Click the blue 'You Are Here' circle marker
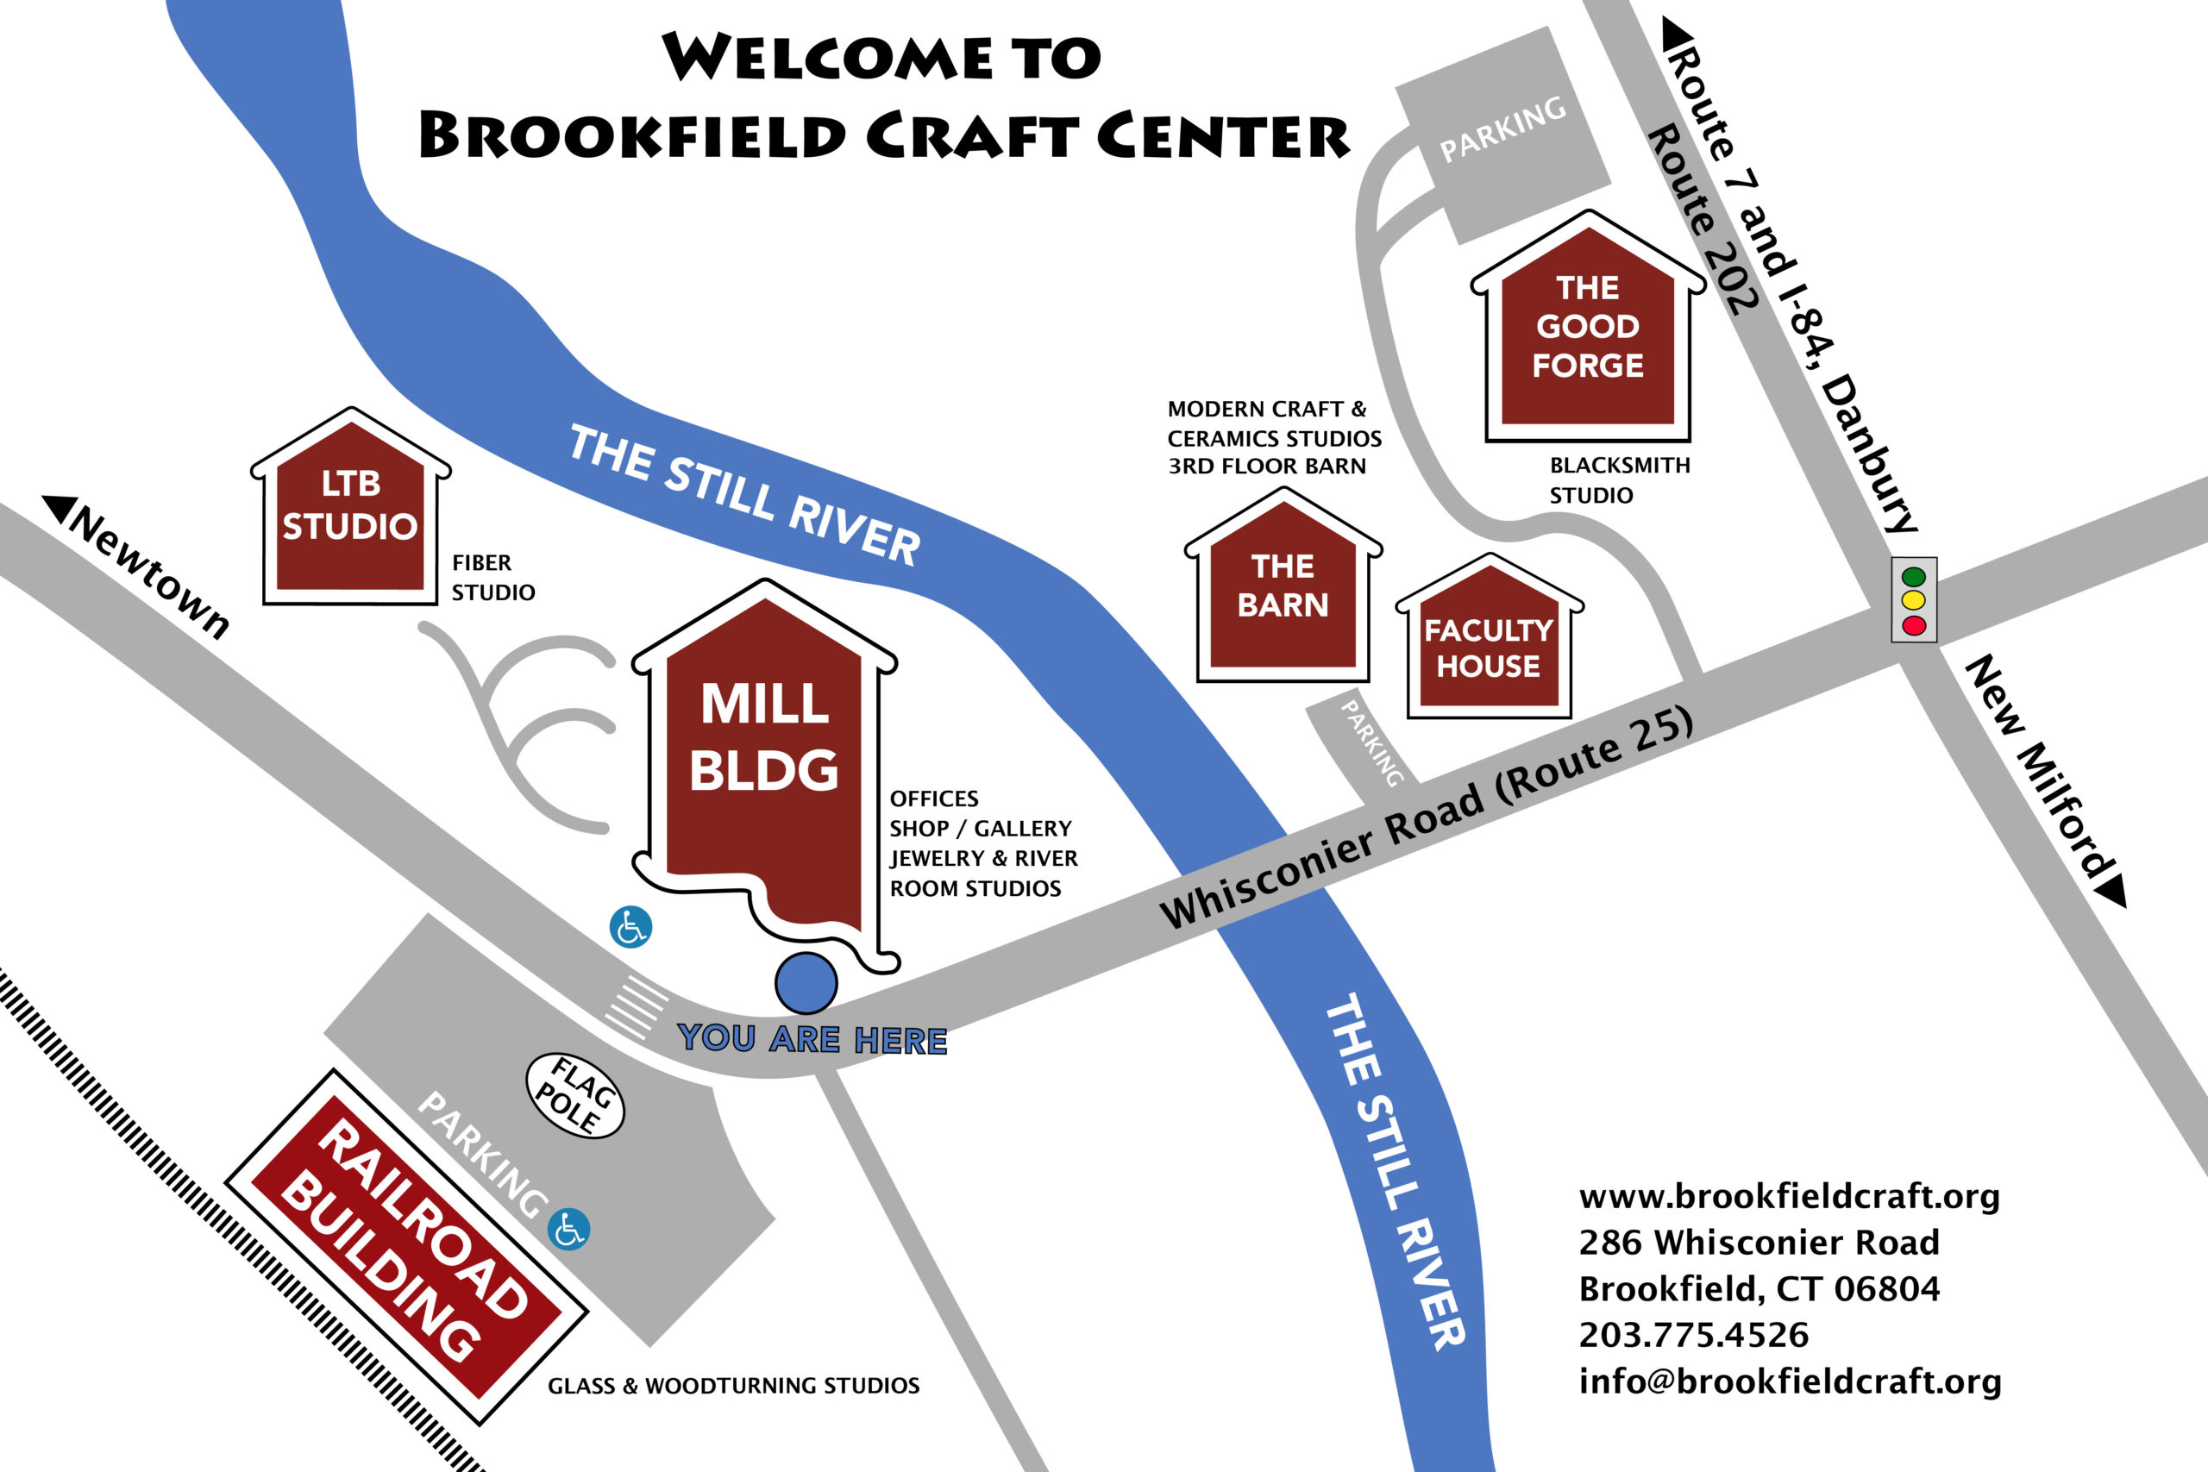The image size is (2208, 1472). click(806, 983)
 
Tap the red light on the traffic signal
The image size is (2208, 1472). click(1913, 625)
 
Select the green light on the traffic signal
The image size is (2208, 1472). click(1913, 576)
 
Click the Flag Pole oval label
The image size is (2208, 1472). click(574, 1095)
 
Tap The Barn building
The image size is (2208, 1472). click(1283, 592)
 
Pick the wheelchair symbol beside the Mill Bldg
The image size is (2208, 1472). click(630, 926)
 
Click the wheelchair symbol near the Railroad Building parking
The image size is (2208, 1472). click(569, 1229)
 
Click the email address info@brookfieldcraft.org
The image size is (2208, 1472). click(1790, 1381)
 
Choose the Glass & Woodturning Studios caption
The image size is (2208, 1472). click(733, 1386)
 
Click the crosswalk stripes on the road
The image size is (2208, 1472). click(637, 1007)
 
